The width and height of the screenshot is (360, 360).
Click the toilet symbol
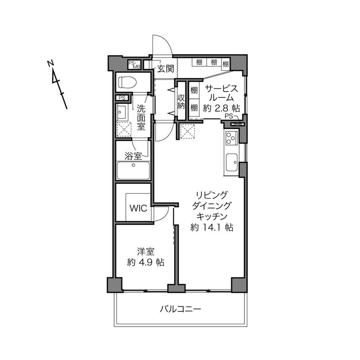127,82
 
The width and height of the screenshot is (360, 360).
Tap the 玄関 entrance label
166,68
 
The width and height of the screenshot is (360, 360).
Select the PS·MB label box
134,65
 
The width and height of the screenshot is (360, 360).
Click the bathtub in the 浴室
133,170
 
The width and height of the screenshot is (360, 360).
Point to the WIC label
138,208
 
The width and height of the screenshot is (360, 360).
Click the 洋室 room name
145,252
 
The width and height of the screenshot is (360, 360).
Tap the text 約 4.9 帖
145,262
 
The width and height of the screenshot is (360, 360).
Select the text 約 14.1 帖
212,227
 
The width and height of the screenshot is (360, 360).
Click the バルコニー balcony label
180,309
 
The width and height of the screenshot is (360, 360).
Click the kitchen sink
231,163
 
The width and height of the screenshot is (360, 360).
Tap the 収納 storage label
181,102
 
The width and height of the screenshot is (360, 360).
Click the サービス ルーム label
221,93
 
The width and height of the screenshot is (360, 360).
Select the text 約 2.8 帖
221,108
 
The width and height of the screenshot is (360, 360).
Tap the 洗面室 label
141,118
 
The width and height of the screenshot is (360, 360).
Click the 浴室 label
133,156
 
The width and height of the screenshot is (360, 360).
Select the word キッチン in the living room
212,216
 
